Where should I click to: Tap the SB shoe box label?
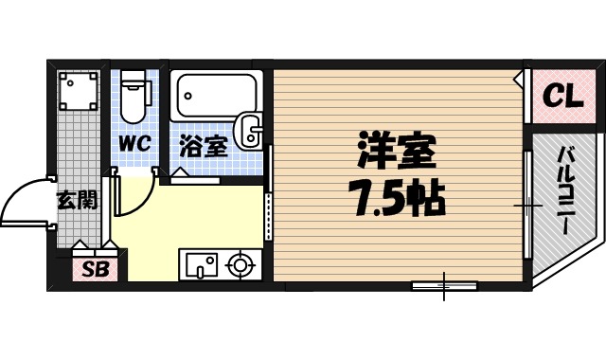[94, 269]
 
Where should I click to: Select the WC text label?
[135, 147]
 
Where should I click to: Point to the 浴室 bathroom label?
[202, 147]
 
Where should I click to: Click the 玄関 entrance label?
[76, 200]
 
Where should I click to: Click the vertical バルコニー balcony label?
[564, 193]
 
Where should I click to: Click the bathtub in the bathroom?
[216, 97]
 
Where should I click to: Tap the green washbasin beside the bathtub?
[251, 129]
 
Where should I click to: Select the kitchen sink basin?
[199, 263]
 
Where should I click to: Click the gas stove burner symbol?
[239, 264]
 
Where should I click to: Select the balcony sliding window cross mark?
[527, 204]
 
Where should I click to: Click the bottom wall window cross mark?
[444, 283]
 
